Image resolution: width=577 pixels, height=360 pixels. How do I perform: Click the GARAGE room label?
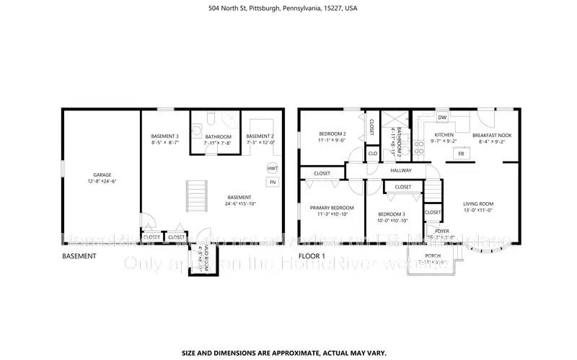click(x=102, y=175)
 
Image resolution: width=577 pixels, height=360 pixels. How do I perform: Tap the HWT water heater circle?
click(x=273, y=169)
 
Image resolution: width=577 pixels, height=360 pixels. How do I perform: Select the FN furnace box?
click(x=273, y=183)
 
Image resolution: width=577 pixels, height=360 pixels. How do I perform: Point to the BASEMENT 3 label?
click(x=164, y=136)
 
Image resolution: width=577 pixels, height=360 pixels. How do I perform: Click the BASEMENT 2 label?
click(x=260, y=136)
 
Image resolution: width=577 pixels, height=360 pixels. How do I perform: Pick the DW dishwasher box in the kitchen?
click(x=441, y=118)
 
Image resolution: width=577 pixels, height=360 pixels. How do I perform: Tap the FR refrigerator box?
click(x=481, y=154)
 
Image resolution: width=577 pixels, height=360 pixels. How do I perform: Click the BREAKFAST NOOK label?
click(x=491, y=135)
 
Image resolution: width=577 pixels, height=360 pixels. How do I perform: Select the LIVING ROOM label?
click(x=477, y=203)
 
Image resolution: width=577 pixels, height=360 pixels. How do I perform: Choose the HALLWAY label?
click(x=401, y=171)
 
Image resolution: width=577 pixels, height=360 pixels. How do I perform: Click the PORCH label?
click(x=432, y=256)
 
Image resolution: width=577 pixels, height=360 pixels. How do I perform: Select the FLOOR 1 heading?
click(x=312, y=256)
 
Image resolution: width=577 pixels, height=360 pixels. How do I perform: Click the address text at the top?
click(x=288, y=9)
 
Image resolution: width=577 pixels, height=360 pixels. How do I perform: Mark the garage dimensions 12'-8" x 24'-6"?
click(x=102, y=181)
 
